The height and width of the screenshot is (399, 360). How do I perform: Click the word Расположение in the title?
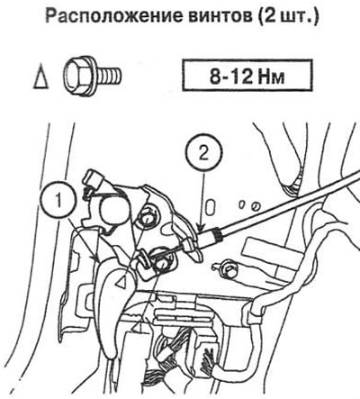click(x=112, y=16)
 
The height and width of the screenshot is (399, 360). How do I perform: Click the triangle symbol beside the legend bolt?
click(x=40, y=77)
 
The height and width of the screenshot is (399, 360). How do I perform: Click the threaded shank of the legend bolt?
click(x=109, y=76)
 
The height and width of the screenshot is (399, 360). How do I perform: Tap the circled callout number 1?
click(x=59, y=202)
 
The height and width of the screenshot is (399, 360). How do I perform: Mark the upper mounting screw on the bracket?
click(x=148, y=219)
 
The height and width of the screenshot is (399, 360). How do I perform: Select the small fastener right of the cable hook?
click(x=227, y=269)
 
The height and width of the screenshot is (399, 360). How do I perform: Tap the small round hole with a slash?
click(x=256, y=206)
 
